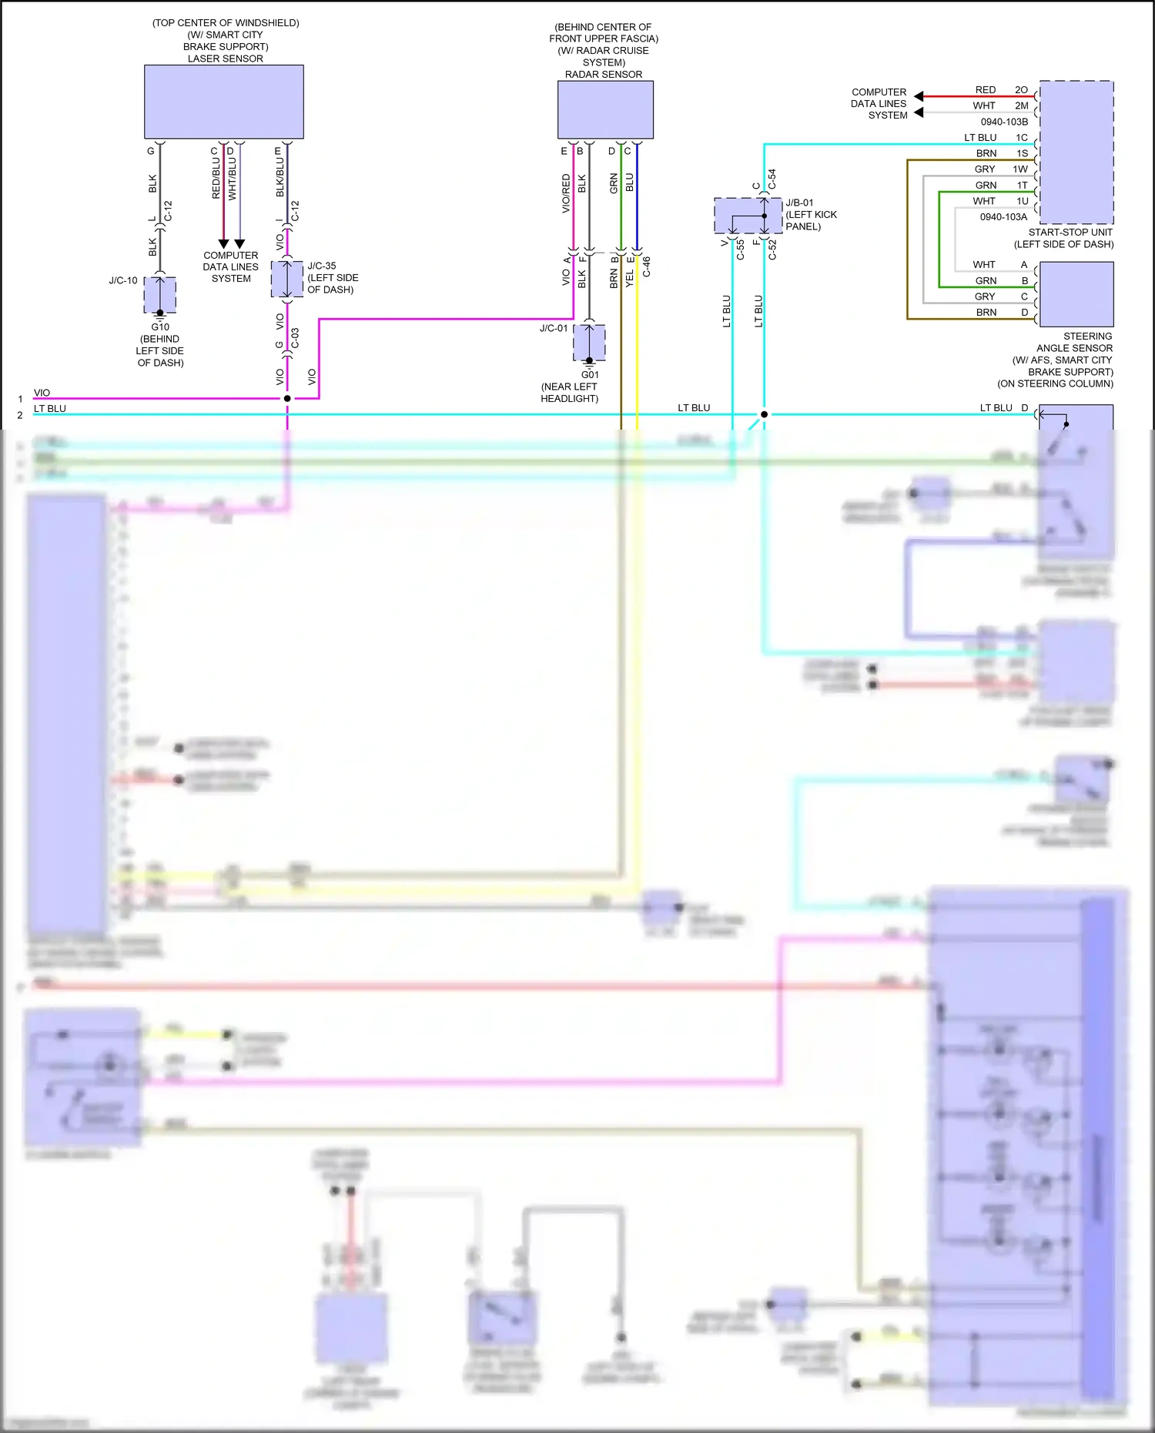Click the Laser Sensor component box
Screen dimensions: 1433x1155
point(223,102)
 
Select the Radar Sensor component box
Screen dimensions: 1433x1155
point(605,110)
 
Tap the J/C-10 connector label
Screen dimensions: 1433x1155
point(123,280)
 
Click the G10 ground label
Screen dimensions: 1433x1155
point(160,326)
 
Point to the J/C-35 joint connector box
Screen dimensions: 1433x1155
point(286,279)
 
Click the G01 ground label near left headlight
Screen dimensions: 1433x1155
point(590,375)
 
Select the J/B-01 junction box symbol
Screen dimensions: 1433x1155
point(748,216)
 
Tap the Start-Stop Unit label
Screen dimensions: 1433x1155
point(1070,232)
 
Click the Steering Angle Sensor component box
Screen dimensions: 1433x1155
point(1076,294)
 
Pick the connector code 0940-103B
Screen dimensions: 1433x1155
point(1004,122)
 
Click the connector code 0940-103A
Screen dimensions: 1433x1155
point(1003,217)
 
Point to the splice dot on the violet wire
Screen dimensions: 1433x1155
point(287,398)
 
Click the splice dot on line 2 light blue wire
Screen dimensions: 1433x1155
point(764,414)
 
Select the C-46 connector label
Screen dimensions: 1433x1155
point(647,266)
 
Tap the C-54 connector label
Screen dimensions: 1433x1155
point(772,179)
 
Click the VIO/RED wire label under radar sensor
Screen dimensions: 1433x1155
point(567,193)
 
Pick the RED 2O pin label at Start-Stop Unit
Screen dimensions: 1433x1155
point(1001,90)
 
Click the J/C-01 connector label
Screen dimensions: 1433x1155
point(554,328)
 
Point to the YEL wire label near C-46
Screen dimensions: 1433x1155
point(630,278)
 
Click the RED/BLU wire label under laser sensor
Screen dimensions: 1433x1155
point(216,179)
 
